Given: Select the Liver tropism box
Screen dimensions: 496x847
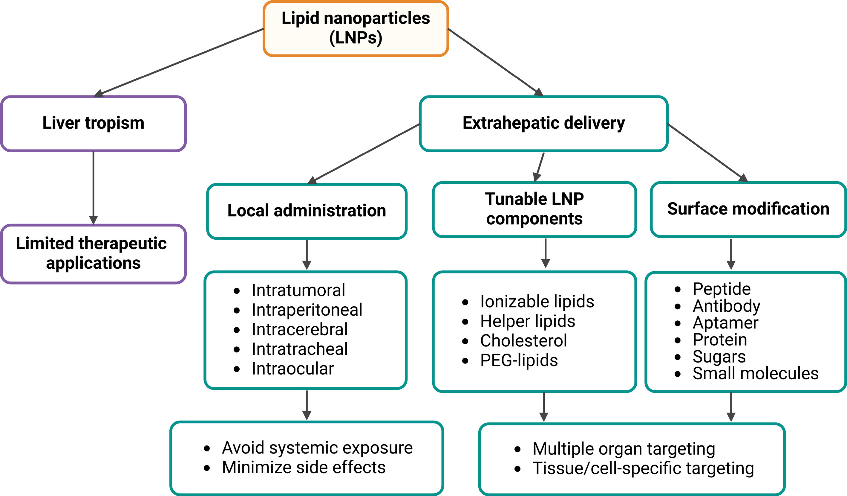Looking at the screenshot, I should click(94, 123).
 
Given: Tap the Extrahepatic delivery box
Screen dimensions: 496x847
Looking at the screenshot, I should click(543, 123).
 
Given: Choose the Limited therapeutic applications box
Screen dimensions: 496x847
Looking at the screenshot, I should click(94, 253).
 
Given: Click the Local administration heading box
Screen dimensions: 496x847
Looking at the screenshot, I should click(307, 211).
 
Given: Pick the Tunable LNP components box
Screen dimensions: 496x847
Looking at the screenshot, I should click(534, 209).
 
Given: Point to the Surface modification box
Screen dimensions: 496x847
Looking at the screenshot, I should click(748, 209).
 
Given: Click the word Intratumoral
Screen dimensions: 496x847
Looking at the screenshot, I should click(298, 290).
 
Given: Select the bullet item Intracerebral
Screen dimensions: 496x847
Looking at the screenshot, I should click(299, 329).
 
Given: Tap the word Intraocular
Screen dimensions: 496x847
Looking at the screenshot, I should click(293, 369).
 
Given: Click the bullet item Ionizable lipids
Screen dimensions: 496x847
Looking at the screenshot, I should click(537, 302).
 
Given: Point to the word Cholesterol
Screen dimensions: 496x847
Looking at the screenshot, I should click(523, 340).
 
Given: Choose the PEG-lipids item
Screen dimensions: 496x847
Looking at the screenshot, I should click(519, 360).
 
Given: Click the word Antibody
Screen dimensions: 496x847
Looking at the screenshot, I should click(726, 306).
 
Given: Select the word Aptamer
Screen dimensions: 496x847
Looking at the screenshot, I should click(725, 323).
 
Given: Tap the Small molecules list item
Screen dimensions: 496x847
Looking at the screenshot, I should click(755, 374).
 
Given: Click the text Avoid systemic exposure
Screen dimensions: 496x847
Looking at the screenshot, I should click(317, 448).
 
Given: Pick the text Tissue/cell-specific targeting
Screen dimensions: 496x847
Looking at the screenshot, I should click(643, 468).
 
